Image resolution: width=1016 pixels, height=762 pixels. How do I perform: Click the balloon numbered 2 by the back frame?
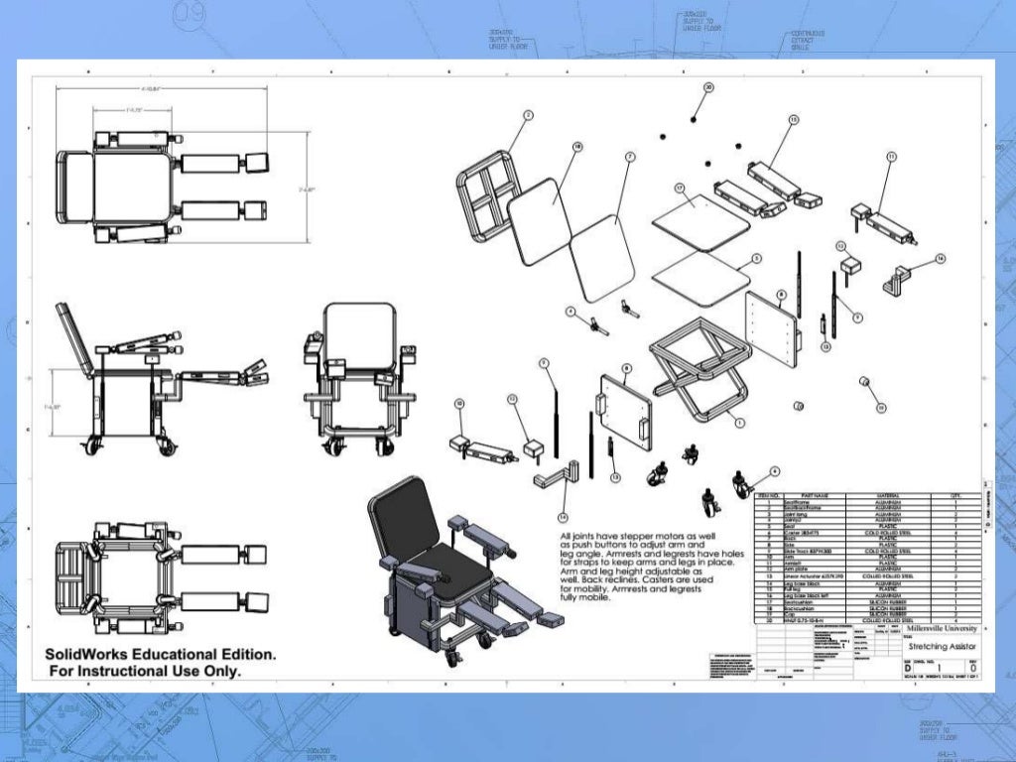[x=528, y=116]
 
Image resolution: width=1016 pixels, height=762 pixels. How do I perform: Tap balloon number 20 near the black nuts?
[x=708, y=87]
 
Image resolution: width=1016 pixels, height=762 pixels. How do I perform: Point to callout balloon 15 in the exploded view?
[x=794, y=119]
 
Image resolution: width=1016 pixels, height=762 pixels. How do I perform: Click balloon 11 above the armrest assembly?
[x=891, y=157]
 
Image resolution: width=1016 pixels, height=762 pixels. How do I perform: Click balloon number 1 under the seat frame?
[x=740, y=422]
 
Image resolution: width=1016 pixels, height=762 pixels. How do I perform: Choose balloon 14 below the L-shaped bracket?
[x=563, y=517]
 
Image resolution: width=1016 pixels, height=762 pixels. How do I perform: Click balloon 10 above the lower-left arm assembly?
[x=459, y=403]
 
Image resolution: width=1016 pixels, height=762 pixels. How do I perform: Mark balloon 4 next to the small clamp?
[x=571, y=311]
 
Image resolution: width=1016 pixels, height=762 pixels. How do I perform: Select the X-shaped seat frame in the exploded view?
[x=700, y=372]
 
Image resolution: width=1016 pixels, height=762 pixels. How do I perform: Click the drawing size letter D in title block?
[x=908, y=668]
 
